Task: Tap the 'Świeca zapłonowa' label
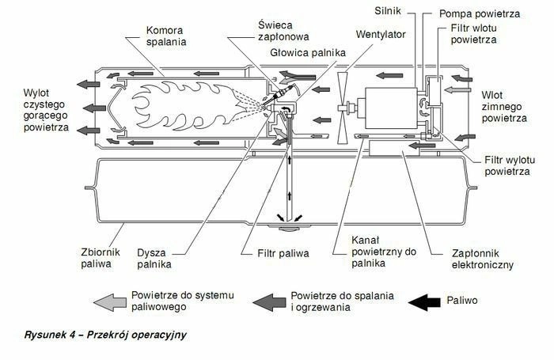pyautogui.click(x=274, y=31)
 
